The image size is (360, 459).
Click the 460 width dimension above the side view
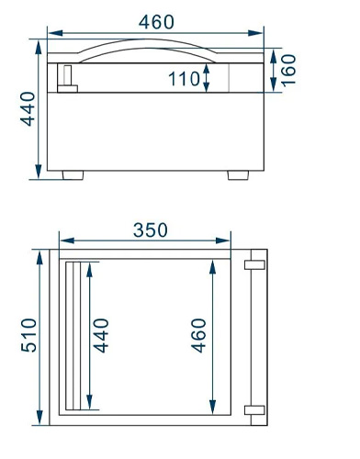(156, 22)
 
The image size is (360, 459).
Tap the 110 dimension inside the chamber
(184, 79)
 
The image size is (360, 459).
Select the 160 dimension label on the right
(288, 71)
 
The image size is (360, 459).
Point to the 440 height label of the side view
(28, 109)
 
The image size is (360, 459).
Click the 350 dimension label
(151, 230)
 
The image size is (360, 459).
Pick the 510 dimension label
(29, 335)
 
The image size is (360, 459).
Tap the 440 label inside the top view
(101, 336)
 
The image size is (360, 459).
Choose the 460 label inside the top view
(198, 336)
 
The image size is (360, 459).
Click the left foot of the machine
(73, 175)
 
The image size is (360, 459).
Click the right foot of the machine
(238, 175)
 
